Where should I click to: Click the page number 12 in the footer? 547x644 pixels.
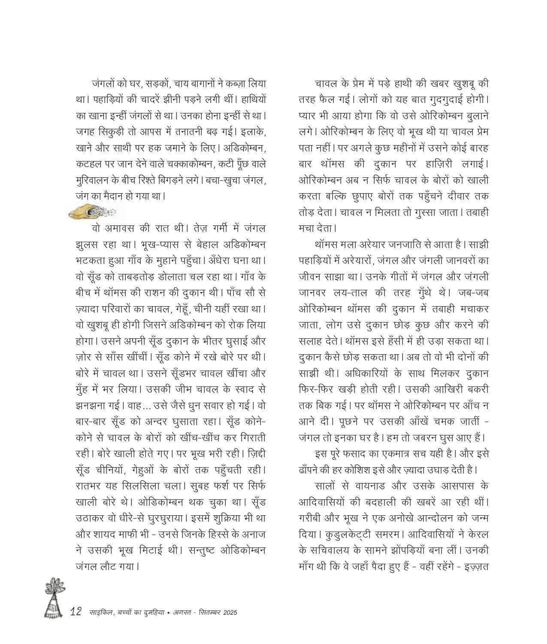point(76,612)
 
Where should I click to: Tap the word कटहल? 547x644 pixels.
point(89,164)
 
